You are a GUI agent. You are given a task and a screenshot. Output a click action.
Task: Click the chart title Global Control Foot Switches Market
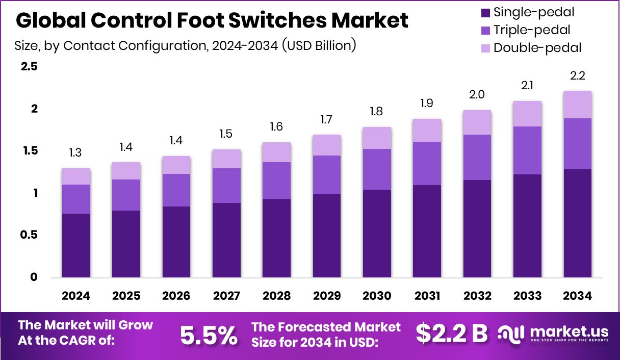212,20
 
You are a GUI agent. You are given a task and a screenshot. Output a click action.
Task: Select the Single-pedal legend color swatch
485,12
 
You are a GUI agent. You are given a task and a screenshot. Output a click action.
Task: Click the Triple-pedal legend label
532,30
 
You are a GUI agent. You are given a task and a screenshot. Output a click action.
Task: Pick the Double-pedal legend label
537,48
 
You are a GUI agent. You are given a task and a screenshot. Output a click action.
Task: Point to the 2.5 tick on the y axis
29,67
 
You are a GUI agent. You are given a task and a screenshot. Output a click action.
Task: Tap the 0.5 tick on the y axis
29,235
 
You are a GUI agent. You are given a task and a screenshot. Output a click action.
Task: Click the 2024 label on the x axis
76,296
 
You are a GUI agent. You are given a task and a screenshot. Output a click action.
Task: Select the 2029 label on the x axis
326,296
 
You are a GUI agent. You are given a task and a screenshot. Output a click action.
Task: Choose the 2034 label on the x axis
577,296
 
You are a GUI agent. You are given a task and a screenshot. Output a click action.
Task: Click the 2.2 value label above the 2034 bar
577,76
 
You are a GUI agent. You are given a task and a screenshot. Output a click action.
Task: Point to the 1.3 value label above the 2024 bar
76,153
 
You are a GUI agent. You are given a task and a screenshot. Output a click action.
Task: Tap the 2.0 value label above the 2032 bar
477,95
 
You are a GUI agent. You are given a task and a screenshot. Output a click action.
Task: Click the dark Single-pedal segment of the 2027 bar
226,240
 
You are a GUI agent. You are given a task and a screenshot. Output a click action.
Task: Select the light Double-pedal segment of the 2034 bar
577,105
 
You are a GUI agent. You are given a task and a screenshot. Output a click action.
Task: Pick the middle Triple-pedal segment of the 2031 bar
427,163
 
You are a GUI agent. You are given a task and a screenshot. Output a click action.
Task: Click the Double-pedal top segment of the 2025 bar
126,171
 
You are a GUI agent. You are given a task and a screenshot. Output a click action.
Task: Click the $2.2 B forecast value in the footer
451,333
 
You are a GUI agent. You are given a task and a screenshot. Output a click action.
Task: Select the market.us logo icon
510,333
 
